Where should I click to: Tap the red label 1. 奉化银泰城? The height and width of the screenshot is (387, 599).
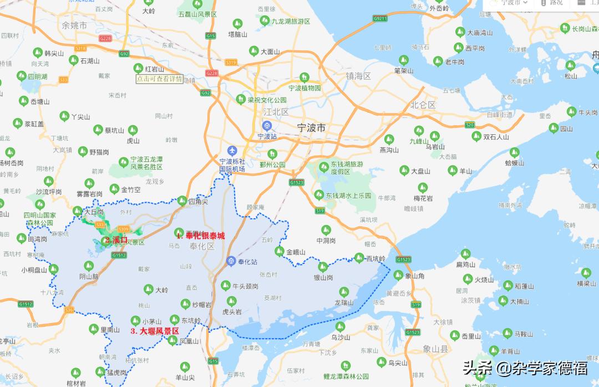pyautogui.click(x=201, y=236)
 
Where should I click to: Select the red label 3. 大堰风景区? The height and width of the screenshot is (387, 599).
pyautogui.click(x=155, y=331)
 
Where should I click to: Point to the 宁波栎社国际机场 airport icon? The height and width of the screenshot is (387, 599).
pyautogui.click(x=232, y=151)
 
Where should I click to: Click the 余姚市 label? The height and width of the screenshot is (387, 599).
pyautogui.click(x=74, y=26)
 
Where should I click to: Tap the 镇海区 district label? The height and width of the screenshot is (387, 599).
pyautogui.click(x=358, y=76)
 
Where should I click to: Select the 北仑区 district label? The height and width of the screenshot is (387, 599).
pyautogui.click(x=423, y=105)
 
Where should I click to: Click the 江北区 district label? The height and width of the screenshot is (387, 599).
pyautogui.click(x=276, y=112)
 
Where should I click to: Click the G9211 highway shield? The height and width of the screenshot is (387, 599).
pyautogui.click(x=380, y=18)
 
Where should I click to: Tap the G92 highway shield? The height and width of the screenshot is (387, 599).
pyautogui.click(x=124, y=54)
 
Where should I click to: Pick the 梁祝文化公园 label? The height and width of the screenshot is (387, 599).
pyautogui.click(x=267, y=100)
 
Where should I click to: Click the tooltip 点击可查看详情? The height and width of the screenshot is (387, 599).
pyautogui.click(x=159, y=79)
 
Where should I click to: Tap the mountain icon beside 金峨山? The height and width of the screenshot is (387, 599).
pyautogui.click(x=279, y=252)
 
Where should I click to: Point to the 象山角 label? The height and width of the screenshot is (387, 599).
pyautogui.click(x=415, y=276)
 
